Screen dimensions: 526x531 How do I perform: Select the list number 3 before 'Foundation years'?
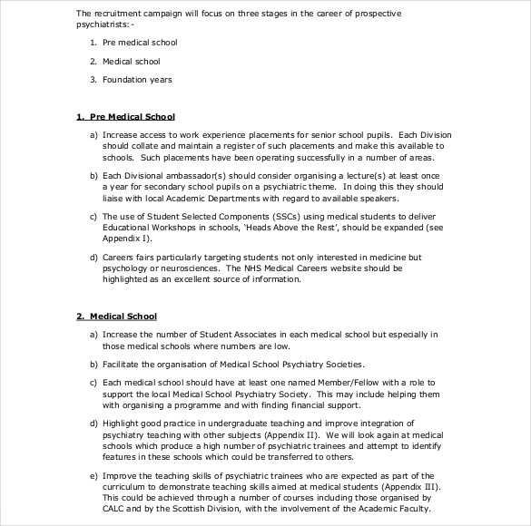(x=93, y=80)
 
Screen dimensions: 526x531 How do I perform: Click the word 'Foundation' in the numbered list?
(x=123, y=80)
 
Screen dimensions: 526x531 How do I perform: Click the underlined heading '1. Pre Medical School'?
(x=125, y=117)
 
